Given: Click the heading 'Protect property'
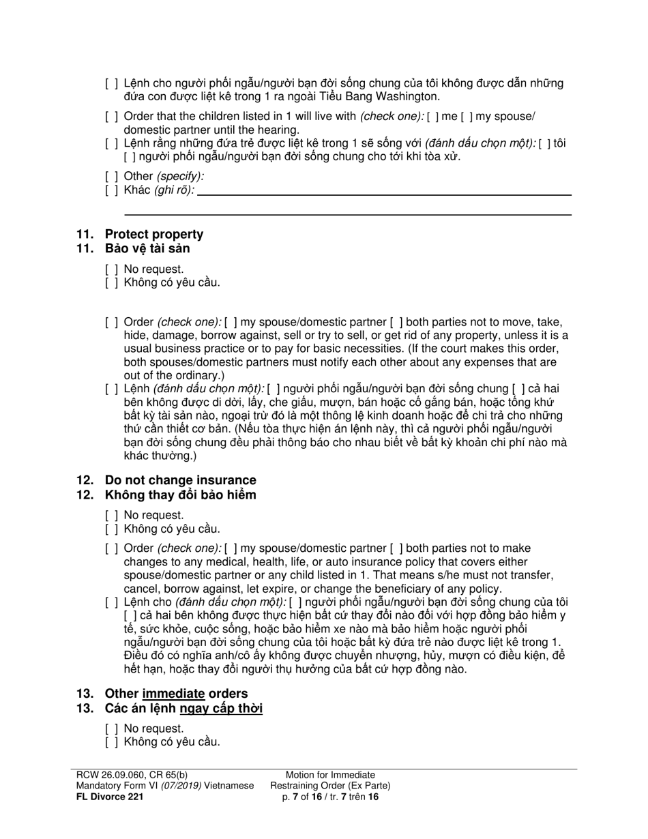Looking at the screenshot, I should pyautogui.click(x=153, y=234).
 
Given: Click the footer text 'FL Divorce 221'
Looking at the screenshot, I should pyautogui.click(x=110, y=796).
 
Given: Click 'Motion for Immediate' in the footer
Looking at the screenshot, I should pyautogui.click(x=330, y=775).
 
